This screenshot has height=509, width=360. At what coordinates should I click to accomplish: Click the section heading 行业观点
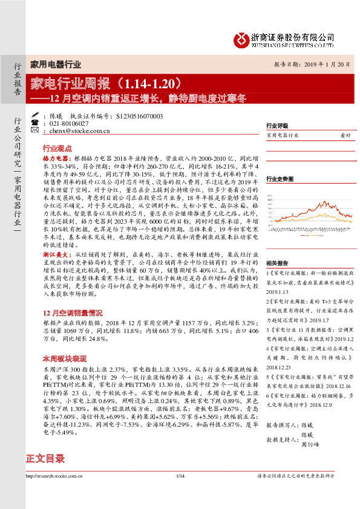(x=57, y=148)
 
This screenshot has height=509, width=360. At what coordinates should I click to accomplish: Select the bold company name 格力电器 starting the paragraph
(x=54, y=157)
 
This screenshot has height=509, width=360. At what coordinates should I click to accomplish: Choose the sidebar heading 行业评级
(x=277, y=126)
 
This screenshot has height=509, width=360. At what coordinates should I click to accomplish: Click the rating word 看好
(x=345, y=136)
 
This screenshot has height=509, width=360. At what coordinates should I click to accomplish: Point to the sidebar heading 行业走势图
(x=280, y=180)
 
